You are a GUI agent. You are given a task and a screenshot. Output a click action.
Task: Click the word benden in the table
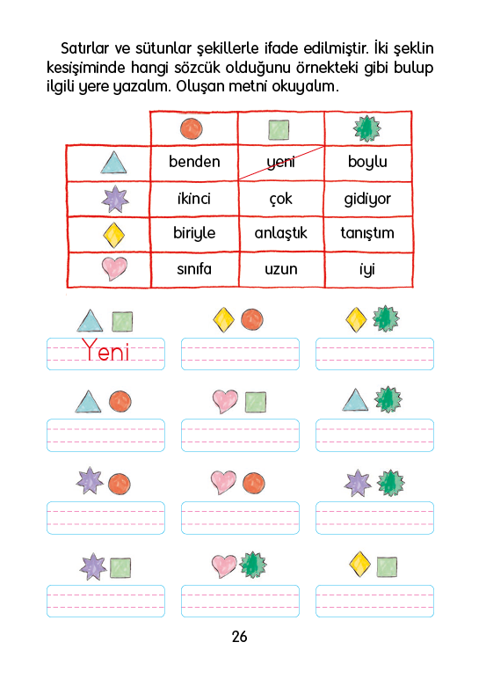(x=194, y=162)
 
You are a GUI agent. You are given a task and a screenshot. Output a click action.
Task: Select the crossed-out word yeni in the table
(x=280, y=163)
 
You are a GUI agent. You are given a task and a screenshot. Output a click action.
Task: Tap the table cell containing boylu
(x=368, y=164)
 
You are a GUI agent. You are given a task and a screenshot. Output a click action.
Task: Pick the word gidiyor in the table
(x=367, y=200)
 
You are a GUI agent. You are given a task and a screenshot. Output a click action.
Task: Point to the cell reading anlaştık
(x=281, y=234)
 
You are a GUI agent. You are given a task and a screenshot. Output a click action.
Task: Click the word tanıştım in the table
(x=367, y=233)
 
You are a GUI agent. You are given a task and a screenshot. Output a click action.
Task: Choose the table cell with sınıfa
(x=195, y=270)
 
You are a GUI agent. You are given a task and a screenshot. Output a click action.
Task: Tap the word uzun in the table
(x=281, y=269)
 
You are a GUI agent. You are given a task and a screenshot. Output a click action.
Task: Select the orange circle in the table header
(x=192, y=128)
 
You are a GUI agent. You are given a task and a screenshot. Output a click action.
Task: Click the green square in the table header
(x=279, y=130)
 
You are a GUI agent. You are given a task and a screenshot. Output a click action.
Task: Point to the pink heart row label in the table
(x=114, y=268)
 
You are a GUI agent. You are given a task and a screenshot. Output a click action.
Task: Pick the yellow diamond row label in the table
(x=113, y=235)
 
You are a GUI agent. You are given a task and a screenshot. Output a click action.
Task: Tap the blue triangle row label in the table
(x=113, y=163)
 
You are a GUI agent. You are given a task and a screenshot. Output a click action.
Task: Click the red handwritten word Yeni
(x=105, y=350)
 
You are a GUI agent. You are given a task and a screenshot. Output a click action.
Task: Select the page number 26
(x=240, y=637)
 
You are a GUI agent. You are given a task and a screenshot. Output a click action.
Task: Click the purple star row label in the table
(x=115, y=199)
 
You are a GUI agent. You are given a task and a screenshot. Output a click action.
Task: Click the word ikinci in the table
(x=194, y=199)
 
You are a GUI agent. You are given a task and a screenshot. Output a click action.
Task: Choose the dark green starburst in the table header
(x=367, y=128)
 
